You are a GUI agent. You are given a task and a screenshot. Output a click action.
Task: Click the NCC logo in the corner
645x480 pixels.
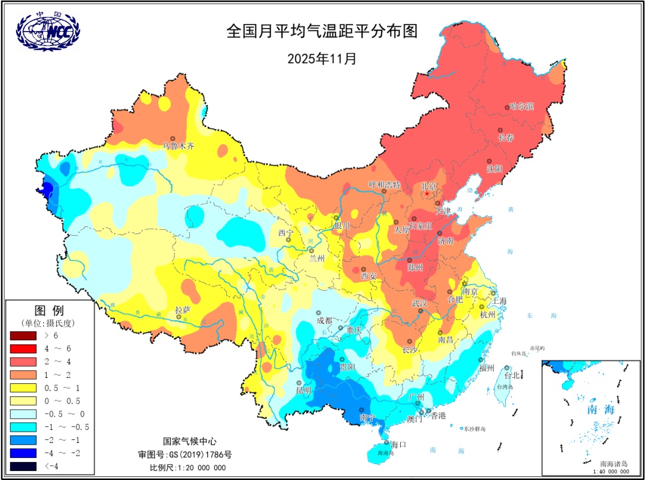[x=48, y=32]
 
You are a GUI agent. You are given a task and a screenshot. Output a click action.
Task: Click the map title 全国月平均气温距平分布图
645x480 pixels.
[x=321, y=32]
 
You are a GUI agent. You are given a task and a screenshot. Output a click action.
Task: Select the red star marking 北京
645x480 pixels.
[x=427, y=193]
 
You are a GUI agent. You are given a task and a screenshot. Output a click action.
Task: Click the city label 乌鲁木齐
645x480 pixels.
[x=179, y=145]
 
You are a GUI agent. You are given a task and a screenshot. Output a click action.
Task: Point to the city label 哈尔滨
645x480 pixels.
[x=521, y=107]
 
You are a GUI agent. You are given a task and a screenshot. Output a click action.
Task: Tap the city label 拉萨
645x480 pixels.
[x=182, y=309]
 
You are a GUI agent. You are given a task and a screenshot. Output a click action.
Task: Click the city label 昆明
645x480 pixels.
[x=303, y=390]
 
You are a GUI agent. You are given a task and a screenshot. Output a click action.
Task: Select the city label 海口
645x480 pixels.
[x=398, y=444]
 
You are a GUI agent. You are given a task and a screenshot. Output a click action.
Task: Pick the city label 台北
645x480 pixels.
[x=512, y=376]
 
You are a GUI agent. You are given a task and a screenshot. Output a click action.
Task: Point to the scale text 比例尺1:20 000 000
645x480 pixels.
[x=188, y=467]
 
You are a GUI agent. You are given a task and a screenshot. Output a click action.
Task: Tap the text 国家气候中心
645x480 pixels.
[x=188, y=441]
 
